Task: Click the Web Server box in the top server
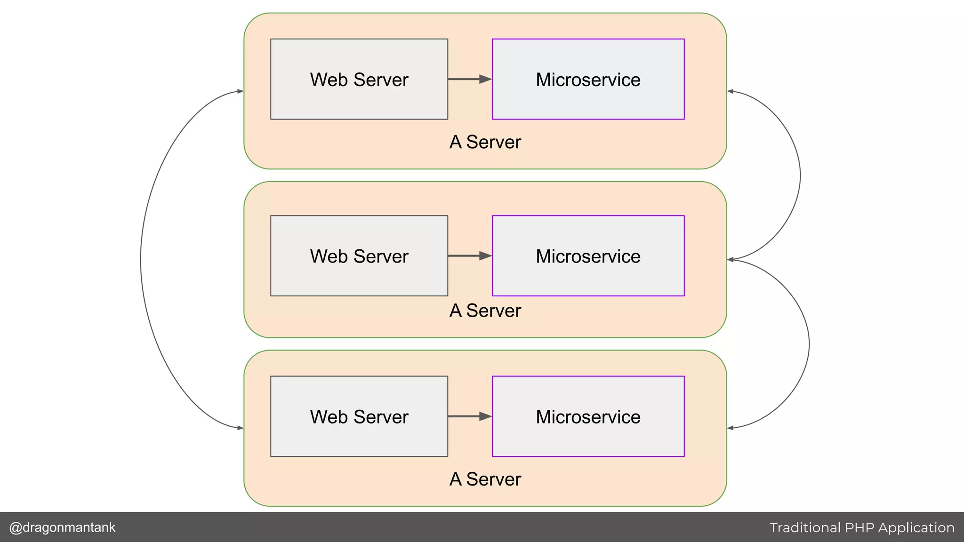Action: [359, 79]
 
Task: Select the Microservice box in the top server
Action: [588, 79]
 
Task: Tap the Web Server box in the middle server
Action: [359, 256]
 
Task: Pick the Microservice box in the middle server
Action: [588, 256]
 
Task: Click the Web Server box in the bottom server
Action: [359, 416]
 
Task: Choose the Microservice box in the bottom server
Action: [588, 416]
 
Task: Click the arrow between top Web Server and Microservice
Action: [469, 79]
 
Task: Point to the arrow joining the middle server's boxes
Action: [469, 256]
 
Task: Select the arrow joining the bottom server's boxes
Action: [469, 416]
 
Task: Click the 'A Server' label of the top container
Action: [485, 142]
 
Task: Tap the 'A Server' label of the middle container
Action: [485, 311]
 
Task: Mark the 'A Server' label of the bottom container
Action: [485, 479]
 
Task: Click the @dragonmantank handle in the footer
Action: [62, 527]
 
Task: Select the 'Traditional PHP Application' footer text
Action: [862, 528]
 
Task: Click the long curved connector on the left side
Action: [141, 260]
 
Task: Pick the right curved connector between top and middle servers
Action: [800, 175]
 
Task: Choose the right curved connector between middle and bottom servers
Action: [809, 344]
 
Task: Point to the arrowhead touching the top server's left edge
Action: [240, 91]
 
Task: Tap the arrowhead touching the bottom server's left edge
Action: [240, 428]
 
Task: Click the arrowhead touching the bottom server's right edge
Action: [731, 428]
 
